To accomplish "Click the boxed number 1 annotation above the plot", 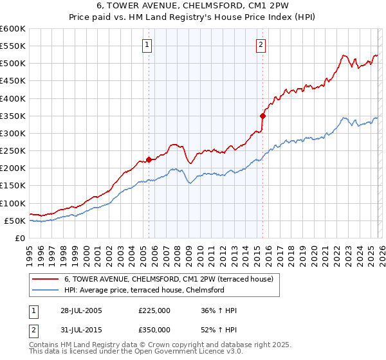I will [x=148, y=44].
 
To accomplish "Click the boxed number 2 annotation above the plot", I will [x=261, y=44].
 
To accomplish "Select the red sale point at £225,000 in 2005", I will [x=149, y=159].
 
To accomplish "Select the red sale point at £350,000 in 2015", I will [x=262, y=116].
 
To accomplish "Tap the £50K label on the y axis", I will [x=15, y=221].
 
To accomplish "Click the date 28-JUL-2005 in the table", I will [x=78, y=310].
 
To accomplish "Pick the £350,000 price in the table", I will [x=154, y=329].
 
